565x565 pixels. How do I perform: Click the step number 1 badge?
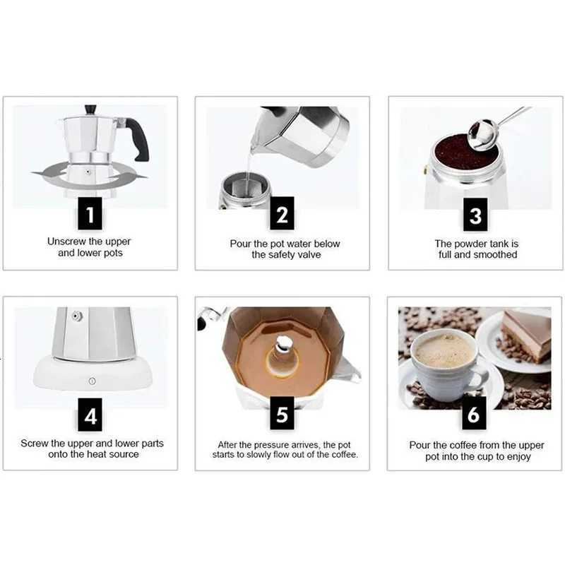[90, 213]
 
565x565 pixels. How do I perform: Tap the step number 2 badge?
[282, 214]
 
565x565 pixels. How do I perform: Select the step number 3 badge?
[475, 214]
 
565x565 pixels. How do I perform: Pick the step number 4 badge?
[90, 415]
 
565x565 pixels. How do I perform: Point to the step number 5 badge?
[282, 415]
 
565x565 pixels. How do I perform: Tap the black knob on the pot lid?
[90, 110]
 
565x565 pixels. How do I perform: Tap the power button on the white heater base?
[91, 381]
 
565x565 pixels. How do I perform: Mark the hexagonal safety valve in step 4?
[77, 316]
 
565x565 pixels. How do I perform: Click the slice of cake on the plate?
[527, 333]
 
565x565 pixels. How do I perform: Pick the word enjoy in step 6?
[517, 457]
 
